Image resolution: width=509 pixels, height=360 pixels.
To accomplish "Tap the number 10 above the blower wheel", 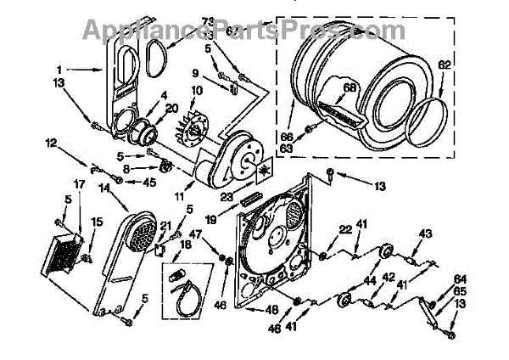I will click(x=196, y=91).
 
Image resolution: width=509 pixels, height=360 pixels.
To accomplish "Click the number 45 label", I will click(x=150, y=180).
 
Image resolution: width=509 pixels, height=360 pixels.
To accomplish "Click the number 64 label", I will click(x=461, y=278).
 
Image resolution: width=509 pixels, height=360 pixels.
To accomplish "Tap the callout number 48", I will click(x=274, y=309).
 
